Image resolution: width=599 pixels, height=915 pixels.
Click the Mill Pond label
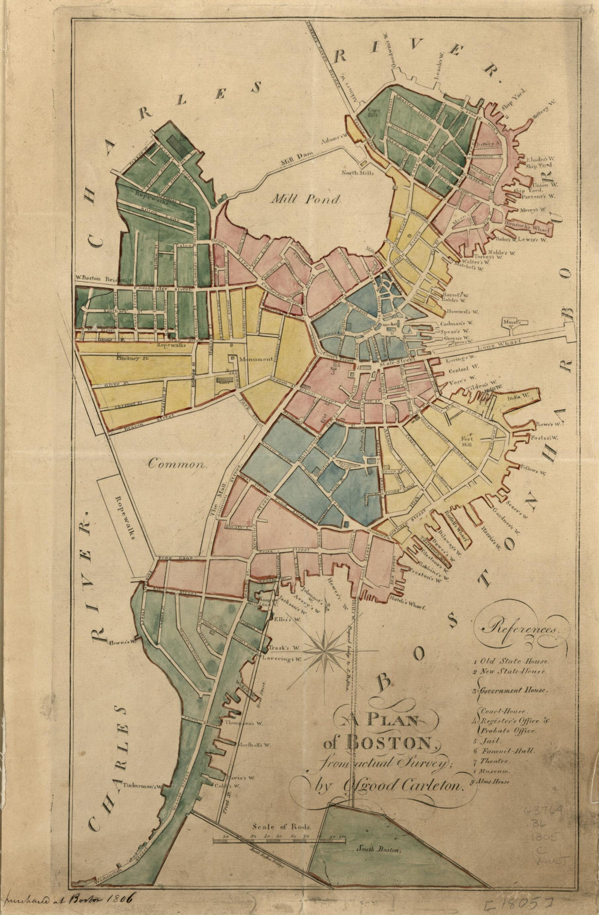pyautogui.click(x=305, y=199)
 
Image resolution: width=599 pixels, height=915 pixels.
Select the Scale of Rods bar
pyautogui.click(x=279, y=841)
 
